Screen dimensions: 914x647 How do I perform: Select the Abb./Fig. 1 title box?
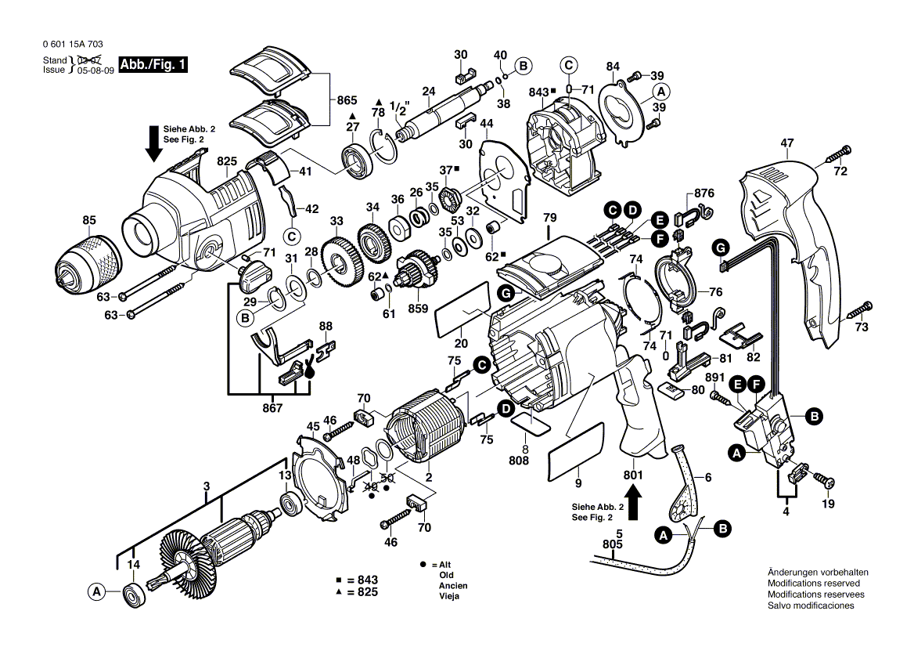[x=153, y=64]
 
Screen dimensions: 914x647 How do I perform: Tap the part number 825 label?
[x=227, y=161]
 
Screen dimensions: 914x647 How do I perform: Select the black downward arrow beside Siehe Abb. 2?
[x=154, y=143]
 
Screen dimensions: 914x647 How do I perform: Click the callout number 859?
[x=418, y=309]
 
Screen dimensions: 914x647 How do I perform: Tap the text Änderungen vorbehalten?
[x=818, y=573]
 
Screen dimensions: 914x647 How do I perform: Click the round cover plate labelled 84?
[x=622, y=111]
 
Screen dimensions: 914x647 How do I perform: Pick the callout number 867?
[x=272, y=408]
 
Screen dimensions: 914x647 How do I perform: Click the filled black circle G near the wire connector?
[x=721, y=248]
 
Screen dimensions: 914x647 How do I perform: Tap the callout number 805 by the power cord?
[x=613, y=544]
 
